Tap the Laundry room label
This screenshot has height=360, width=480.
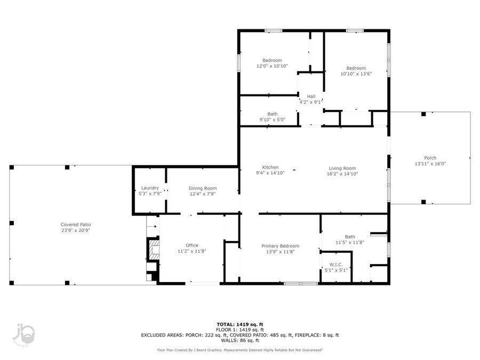(150, 188)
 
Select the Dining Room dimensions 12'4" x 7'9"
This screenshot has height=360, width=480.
(203, 194)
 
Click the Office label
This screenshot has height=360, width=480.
(191, 245)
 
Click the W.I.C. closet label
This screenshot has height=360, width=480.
(336, 264)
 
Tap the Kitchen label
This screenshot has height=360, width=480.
(270, 167)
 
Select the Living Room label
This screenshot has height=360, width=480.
(341, 168)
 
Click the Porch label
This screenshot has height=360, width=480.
(430, 158)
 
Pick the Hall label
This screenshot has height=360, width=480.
(310, 96)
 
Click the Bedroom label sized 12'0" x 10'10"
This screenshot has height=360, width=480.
(272, 60)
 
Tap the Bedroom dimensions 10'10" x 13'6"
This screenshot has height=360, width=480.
(356, 74)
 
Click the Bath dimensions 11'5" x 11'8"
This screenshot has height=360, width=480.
(349, 243)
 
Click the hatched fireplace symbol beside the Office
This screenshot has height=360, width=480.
(153, 250)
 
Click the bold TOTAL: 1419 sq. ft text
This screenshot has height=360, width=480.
(239, 324)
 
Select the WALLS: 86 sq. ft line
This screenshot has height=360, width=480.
(239, 340)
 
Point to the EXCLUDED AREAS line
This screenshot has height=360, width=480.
(239, 335)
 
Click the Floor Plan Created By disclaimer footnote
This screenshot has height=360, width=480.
(239, 350)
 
